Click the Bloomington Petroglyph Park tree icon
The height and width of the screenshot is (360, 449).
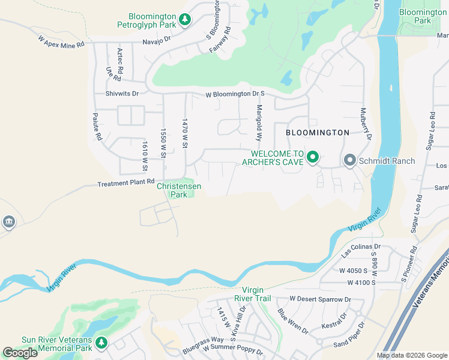[x=185, y=20]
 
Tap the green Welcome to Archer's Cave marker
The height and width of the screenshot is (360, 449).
[x=312, y=158]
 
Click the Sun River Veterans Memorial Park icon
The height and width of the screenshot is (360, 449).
[x=101, y=342]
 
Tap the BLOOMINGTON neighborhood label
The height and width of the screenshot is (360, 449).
[x=317, y=132]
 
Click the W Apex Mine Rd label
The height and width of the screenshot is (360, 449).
[x=61, y=41]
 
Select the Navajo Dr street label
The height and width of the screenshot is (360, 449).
[x=157, y=40]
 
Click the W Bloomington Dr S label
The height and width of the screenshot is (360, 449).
[x=235, y=94]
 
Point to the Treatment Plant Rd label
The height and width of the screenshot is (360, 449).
[x=126, y=182]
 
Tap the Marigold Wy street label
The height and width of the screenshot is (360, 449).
[x=260, y=123]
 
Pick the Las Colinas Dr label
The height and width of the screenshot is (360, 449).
[x=361, y=250]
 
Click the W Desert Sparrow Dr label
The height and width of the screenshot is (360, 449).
[x=320, y=299]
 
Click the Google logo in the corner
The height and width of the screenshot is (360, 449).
[x=20, y=352]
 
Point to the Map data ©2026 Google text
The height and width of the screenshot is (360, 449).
[x=411, y=355]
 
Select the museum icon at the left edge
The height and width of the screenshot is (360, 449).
[x=8, y=222]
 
